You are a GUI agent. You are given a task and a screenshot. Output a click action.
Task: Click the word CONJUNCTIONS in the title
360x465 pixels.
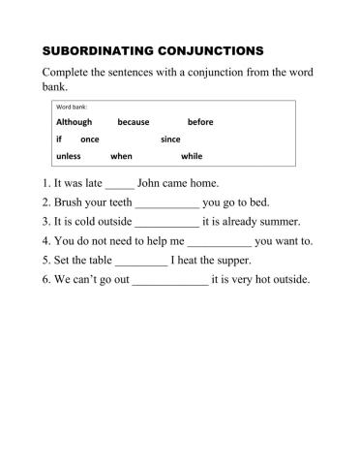208,50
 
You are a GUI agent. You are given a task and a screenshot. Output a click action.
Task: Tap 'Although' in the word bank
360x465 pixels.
74,122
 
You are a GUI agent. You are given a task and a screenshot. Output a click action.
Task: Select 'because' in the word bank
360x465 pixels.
134,122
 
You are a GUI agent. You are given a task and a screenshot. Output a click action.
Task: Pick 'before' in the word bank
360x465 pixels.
200,122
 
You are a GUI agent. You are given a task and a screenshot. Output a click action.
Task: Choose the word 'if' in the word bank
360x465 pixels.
59,139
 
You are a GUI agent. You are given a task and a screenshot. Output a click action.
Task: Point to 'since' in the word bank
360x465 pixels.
170,139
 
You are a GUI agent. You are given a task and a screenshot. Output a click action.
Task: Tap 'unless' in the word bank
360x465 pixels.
69,156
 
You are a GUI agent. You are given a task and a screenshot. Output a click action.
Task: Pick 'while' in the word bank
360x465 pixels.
192,156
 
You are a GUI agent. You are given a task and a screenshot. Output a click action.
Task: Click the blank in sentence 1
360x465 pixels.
119,183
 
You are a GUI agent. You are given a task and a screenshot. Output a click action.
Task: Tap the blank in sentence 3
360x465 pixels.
166,222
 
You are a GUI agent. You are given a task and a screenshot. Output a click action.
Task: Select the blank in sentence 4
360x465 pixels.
218,241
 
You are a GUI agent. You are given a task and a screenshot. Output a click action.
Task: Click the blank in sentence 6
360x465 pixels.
169,281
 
